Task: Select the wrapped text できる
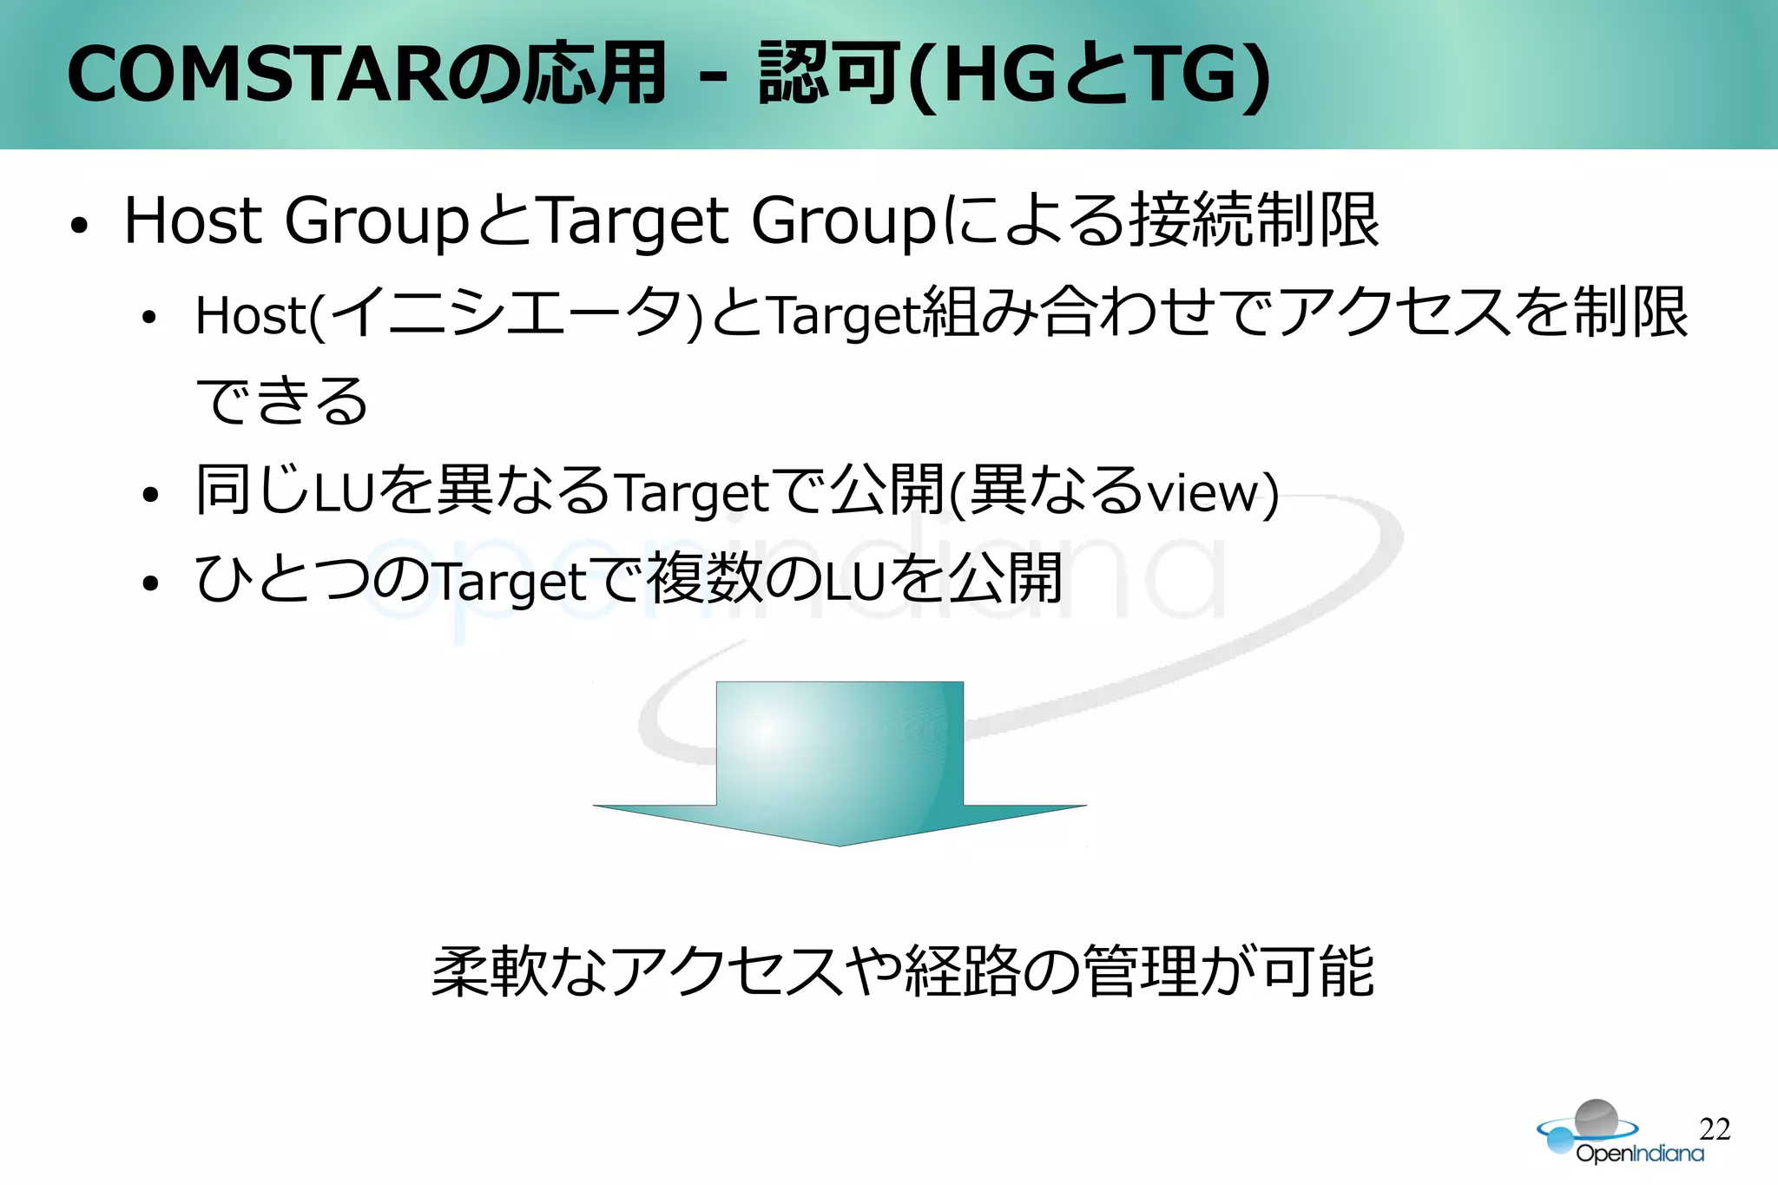click(282, 402)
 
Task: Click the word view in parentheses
click(1202, 493)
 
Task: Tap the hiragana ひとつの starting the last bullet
click(313, 579)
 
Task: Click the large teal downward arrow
click(840, 764)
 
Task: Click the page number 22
click(1715, 1129)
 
